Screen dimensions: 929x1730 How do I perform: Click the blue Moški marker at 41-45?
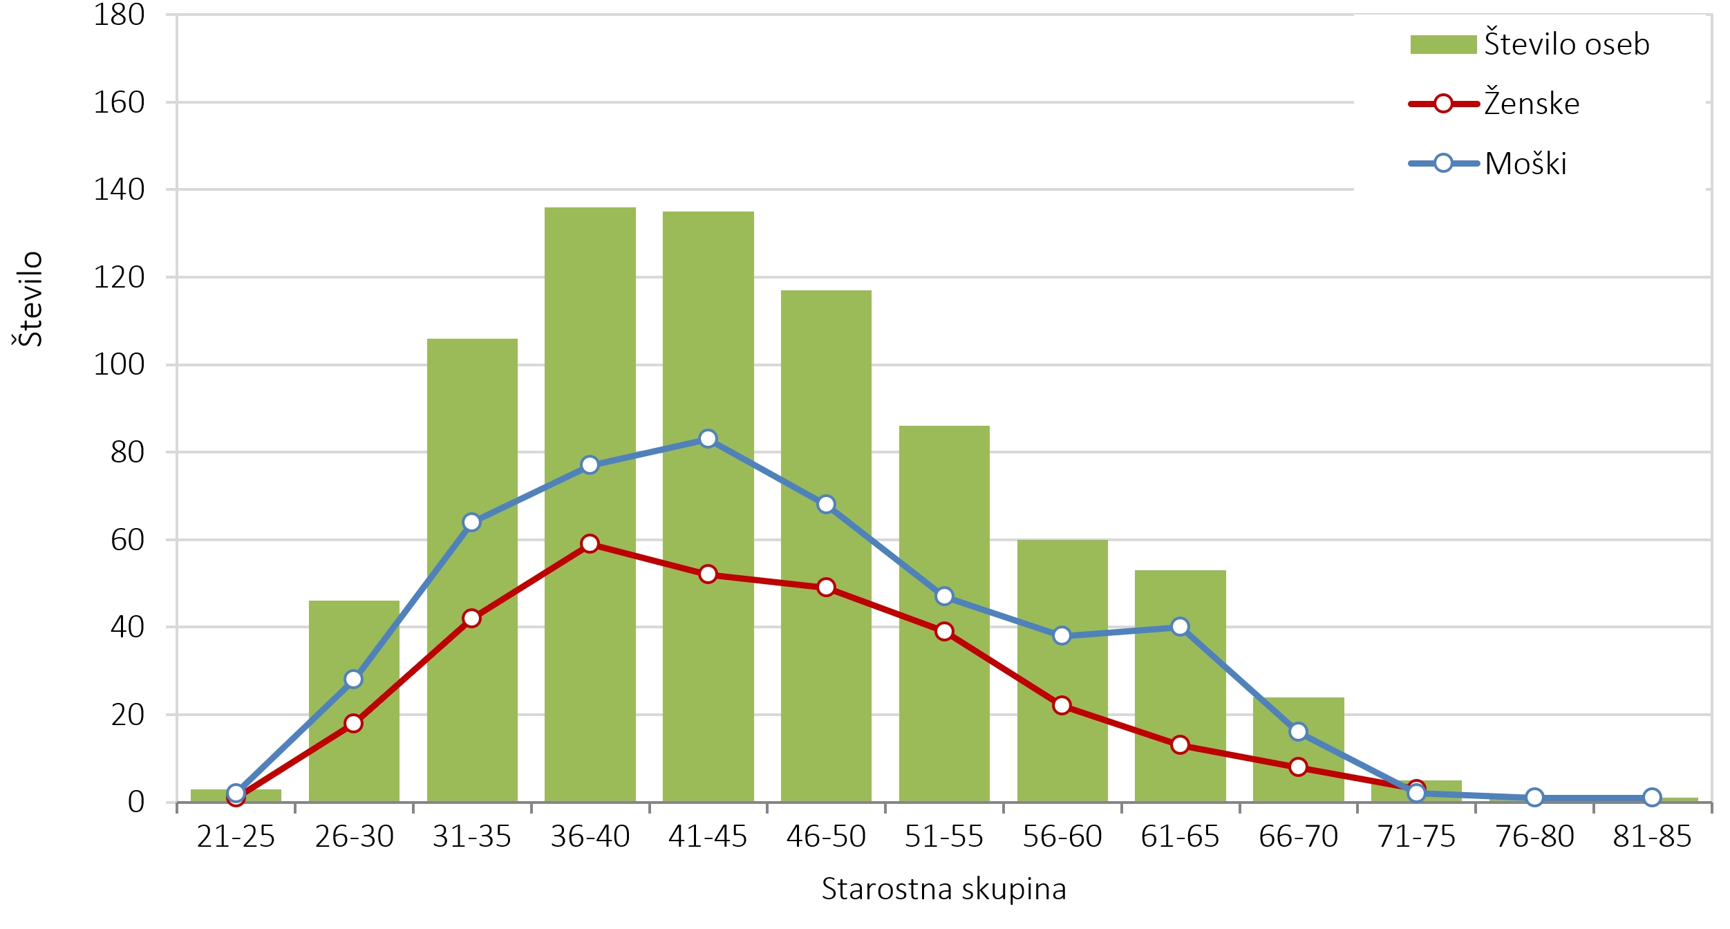pyautogui.click(x=708, y=439)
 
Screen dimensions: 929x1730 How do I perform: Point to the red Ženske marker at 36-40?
pyautogui.click(x=590, y=543)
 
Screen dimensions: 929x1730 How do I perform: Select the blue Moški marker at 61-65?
pyautogui.click(x=1180, y=627)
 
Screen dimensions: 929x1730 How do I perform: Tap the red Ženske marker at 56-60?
pyautogui.click(x=1062, y=706)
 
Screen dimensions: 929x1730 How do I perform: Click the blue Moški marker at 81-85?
pyautogui.click(x=1652, y=798)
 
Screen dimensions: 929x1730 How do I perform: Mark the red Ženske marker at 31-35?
pyautogui.click(x=471, y=618)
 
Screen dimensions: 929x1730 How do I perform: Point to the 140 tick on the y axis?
pyautogui.click(x=119, y=189)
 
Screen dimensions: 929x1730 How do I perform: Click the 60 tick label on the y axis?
pyautogui.click(x=127, y=540)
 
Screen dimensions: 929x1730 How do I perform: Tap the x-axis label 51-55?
pyautogui.click(x=943, y=837)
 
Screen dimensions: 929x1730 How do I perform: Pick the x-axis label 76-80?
pyautogui.click(x=1534, y=837)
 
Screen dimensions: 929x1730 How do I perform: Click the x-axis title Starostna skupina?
pyautogui.click(x=943, y=890)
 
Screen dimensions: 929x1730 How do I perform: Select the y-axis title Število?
pyautogui.click(x=28, y=299)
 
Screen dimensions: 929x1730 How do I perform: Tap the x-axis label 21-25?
pyautogui.click(x=236, y=837)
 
